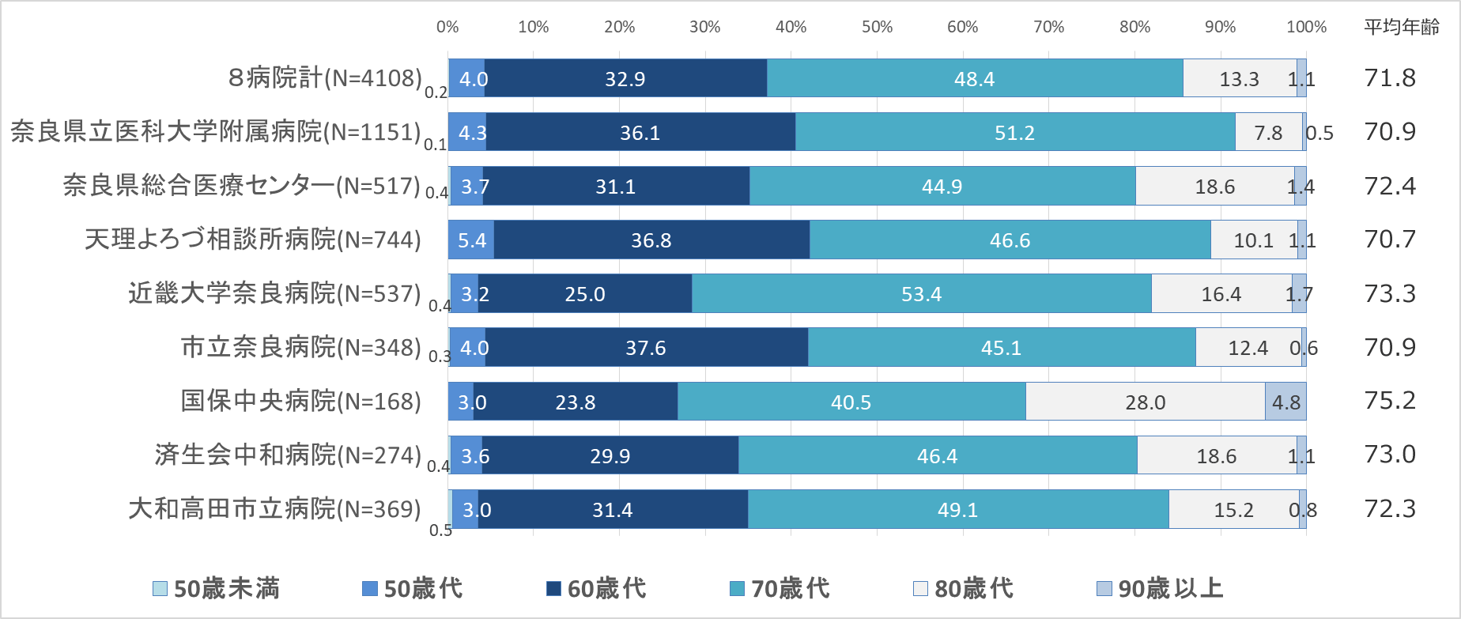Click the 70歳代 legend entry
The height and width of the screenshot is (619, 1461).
[780, 588]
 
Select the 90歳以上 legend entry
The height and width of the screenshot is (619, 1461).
[1160, 588]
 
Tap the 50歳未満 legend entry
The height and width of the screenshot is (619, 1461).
[217, 588]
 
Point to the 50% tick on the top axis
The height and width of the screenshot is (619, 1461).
[877, 27]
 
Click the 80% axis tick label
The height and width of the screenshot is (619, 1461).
[1134, 27]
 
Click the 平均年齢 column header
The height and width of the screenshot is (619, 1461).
[1402, 27]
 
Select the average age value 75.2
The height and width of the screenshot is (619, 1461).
[1390, 401]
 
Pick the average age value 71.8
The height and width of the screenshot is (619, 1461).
[1390, 77]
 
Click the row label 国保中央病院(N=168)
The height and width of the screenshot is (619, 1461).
[301, 401]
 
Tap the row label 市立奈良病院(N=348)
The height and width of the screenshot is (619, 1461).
[301, 347]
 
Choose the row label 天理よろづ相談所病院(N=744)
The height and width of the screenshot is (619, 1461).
[253, 240]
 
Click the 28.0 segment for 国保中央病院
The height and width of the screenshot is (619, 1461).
[1145, 402]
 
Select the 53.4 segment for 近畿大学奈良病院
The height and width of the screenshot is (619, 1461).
[921, 294]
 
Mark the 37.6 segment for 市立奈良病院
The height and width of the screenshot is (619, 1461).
[646, 348]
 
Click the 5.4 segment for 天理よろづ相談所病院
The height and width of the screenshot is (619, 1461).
[471, 240]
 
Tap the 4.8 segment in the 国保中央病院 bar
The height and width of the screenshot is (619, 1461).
[1285, 402]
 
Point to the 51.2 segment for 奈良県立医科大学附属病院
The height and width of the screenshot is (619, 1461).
[1014, 132]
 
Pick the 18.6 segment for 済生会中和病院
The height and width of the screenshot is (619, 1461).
[1216, 455]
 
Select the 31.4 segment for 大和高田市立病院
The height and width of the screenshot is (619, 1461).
[613, 509]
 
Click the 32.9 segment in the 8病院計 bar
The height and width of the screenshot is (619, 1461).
[625, 78]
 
